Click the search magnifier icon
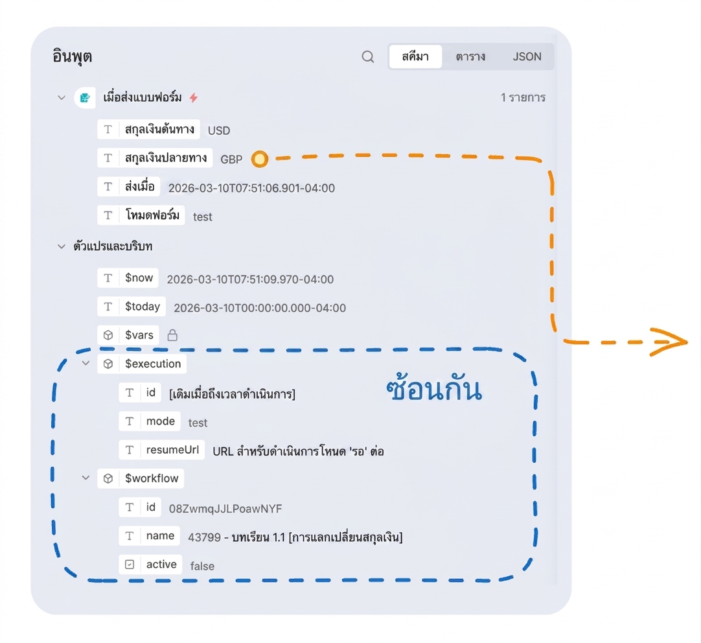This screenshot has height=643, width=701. pos(368,57)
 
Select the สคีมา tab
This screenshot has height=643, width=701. pos(415,57)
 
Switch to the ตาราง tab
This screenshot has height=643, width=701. pos(470,57)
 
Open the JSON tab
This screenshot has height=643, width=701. pos(527,57)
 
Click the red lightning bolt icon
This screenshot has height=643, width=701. pos(194,97)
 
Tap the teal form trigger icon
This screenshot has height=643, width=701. pos(85,97)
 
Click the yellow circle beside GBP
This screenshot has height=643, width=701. pos(260,159)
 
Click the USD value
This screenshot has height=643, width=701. pos(219,130)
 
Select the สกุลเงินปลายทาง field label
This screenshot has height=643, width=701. pos(165,158)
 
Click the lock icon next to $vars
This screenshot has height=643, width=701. pos(172,335)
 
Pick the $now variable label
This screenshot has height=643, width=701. pos(139,277)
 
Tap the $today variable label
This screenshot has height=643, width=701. pos(142,307)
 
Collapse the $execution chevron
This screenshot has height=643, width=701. pos(86,363)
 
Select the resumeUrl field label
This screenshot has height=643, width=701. pos(172,449)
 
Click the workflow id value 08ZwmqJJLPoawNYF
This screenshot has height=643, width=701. pos(225,508)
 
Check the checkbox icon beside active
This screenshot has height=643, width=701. pos(130,565)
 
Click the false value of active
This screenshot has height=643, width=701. pos(202,566)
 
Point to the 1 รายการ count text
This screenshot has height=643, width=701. pos(523,97)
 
